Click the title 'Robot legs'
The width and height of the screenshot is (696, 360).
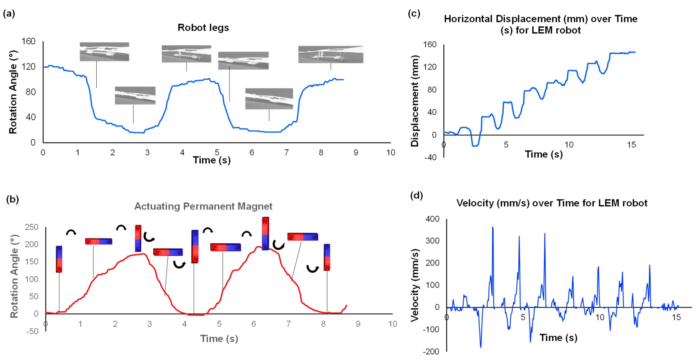tap(203, 28)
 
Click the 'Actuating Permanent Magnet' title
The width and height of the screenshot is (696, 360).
tap(203, 206)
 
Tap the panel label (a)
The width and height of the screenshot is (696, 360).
tap(9, 14)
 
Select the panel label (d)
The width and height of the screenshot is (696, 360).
tap(416, 195)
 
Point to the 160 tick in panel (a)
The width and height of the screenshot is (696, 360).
tap(28, 41)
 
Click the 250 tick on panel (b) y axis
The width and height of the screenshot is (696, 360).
tap(32, 227)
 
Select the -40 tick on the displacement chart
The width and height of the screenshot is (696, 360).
tap(430, 157)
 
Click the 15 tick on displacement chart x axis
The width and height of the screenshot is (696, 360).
tap(631, 145)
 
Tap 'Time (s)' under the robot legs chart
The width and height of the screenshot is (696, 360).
tap(212, 160)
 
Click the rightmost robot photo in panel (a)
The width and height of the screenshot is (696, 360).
tap(331, 54)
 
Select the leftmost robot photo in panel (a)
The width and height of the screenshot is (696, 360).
tap(104, 52)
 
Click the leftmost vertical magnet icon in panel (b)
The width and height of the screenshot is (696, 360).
tap(59, 259)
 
